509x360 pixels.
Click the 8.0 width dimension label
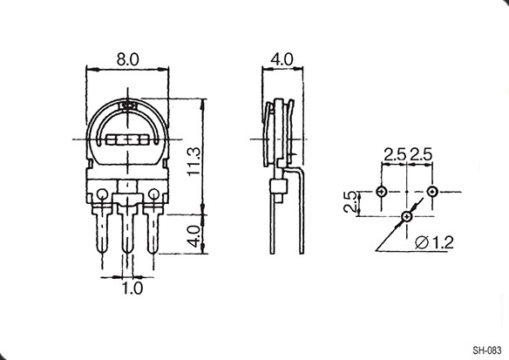127,60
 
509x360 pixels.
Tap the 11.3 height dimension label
194,161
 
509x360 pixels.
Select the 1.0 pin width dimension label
132,289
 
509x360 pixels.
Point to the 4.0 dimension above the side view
282,59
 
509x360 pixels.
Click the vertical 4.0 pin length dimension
194,236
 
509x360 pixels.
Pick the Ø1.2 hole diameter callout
434,242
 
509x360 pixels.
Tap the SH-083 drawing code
487,350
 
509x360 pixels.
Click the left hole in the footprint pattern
382,192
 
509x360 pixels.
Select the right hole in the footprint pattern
432,192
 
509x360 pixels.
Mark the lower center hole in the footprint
407,216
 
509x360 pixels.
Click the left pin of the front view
103,231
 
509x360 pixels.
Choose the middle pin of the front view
127,231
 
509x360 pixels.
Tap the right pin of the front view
153,231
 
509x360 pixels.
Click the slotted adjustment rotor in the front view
127,140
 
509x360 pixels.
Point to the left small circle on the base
103,194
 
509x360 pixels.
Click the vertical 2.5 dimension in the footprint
350,201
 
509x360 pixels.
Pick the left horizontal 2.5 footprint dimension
395,154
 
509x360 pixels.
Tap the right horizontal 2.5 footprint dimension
421,154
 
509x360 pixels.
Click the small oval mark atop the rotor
127,105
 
